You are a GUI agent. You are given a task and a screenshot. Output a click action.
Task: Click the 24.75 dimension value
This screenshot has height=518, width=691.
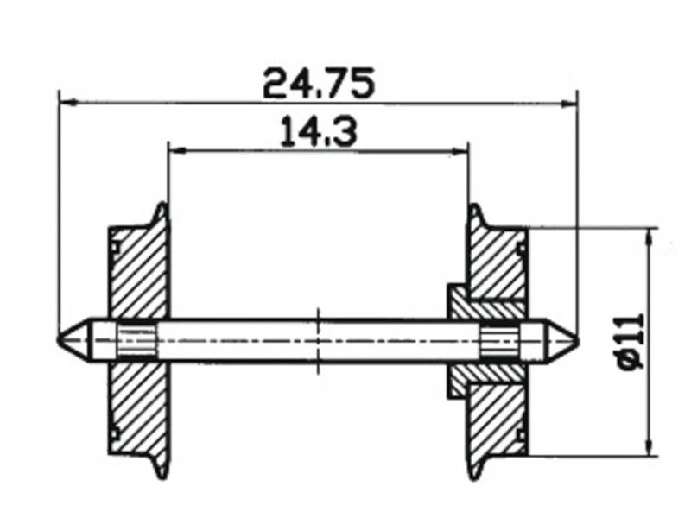[318, 84]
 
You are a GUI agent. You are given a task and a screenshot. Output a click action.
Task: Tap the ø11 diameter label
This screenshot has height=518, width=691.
[631, 342]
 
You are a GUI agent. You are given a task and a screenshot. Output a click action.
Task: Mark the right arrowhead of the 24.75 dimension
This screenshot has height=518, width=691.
[569, 103]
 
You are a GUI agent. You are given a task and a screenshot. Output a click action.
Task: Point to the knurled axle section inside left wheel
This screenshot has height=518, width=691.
[136, 339]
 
